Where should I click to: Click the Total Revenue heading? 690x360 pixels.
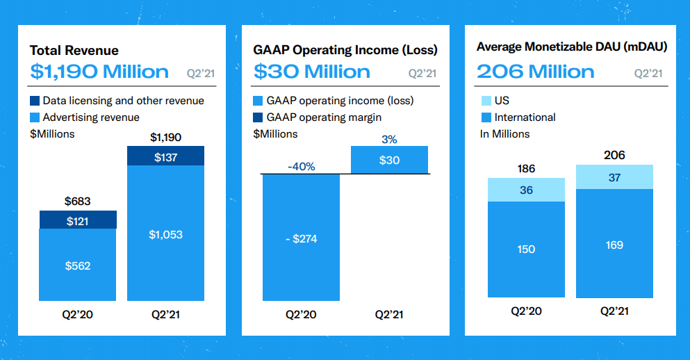coord(74,50)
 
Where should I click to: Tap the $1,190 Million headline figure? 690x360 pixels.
coord(99,72)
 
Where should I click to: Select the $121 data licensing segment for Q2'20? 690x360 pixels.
coord(77,220)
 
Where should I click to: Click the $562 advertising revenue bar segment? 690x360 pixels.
coord(77,265)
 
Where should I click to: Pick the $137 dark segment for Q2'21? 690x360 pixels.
coord(165,157)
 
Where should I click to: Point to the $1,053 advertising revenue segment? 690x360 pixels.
coord(165,234)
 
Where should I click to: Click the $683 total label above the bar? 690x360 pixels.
coord(77,202)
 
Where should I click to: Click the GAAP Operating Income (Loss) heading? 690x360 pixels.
coord(345,50)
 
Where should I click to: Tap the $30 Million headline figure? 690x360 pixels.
coord(312,72)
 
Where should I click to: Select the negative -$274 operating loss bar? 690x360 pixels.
coord(301,238)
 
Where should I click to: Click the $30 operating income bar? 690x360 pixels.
coord(389,160)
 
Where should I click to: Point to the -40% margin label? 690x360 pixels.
coord(301,167)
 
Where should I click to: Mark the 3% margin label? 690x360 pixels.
coord(389,140)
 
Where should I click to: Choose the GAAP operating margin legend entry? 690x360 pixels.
coord(318,117)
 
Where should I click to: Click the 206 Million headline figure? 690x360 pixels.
coord(535,72)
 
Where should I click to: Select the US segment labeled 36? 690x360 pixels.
coord(526,190)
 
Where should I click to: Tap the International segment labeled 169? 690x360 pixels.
coord(614,245)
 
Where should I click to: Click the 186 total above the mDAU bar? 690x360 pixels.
coord(526,169)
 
